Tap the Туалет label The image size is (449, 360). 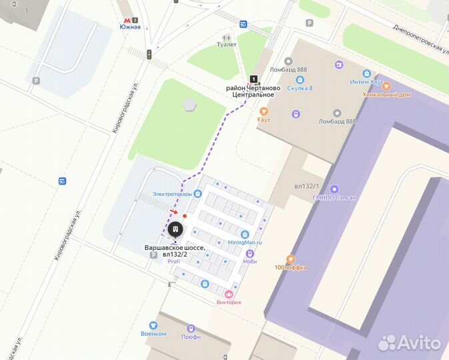coord(227,45)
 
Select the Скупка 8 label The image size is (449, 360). coord(300,88)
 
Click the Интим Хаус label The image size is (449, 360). coord(366,82)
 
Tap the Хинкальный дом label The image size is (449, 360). coord(387,95)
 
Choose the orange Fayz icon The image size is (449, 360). coord(264,111)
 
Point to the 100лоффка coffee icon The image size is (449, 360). coord(290,259)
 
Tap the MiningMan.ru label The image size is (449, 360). coord(245,243)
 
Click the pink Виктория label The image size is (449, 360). coord(229,302)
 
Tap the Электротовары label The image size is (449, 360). coord(172,194)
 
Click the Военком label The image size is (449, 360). coord(153,333)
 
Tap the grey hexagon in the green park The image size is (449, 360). coord(190,105)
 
